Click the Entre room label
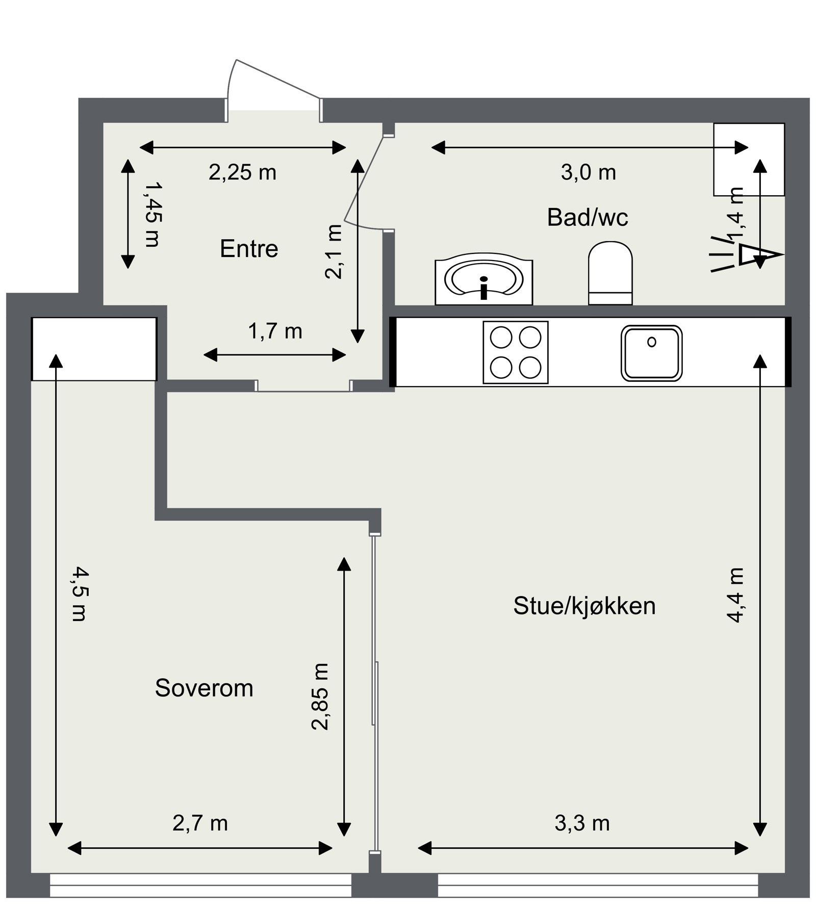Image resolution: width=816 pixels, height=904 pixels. pos(249,249)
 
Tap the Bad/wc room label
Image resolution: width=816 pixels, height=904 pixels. pos(588,217)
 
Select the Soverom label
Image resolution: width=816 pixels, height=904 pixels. pos(204,688)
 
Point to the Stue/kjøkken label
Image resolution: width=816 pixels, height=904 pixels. pos(584,606)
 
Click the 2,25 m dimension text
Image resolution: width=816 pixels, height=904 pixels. pos(242,173)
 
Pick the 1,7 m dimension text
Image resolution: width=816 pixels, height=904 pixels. pos(275,332)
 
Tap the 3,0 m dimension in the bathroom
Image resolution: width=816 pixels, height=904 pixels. pos(589,173)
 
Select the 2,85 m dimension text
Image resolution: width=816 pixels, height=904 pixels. pos(320,697)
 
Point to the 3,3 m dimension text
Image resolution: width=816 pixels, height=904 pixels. pos(582,823)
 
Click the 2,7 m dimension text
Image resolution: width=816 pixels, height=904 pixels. pos(200,823)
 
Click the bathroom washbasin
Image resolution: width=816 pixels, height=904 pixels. pos(483,282)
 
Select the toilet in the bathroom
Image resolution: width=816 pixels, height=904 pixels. pos(610,273)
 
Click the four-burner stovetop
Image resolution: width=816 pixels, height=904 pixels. pos(516,352)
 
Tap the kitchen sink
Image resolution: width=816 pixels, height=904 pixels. pos(652,353)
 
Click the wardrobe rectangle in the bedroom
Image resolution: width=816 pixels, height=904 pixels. pos(94,349)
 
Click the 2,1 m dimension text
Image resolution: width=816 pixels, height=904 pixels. pos(334,252)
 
